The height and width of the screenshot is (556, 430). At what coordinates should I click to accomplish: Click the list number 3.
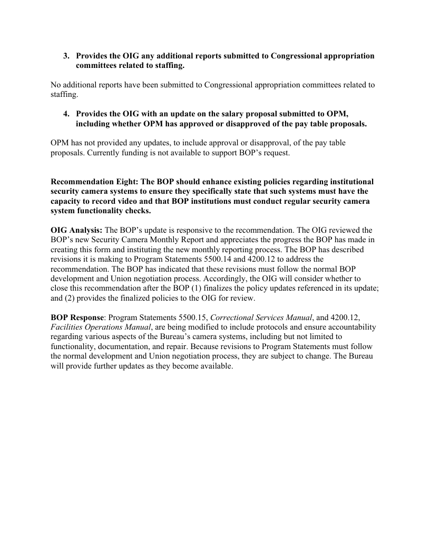pos(66,56)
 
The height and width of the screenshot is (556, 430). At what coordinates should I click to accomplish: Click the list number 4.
pos(66,114)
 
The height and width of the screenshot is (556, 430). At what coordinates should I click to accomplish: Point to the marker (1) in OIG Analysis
pos(283,288)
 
